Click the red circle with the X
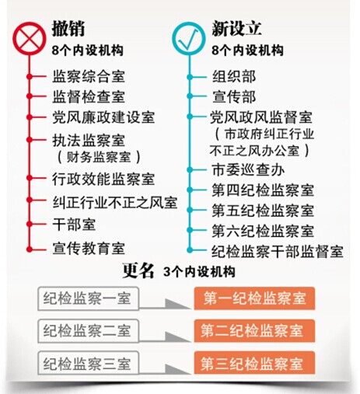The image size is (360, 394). [30, 38]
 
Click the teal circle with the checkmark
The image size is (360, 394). [189, 38]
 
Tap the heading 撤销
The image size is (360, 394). [68, 28]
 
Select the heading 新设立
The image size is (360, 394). [236, 28]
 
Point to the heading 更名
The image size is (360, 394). [138, 270]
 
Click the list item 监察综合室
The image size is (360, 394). [89, 76]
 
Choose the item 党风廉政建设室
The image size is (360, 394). [103, 117]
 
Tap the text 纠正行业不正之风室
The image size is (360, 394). [115, 202]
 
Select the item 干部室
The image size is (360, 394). [74, 225]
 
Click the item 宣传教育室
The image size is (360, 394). [89, 248]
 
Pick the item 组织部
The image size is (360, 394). [234, 76]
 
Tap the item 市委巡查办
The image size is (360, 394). [248, 170]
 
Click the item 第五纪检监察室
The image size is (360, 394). [263, 210]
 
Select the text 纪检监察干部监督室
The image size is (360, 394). [278, 251]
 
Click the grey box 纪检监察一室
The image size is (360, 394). [88, 298]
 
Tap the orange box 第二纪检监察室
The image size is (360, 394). [254, 331]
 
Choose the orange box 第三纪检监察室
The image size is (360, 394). [254, 363]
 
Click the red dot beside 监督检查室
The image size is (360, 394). [30, 96]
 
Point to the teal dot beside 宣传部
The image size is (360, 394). [190, 96]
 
